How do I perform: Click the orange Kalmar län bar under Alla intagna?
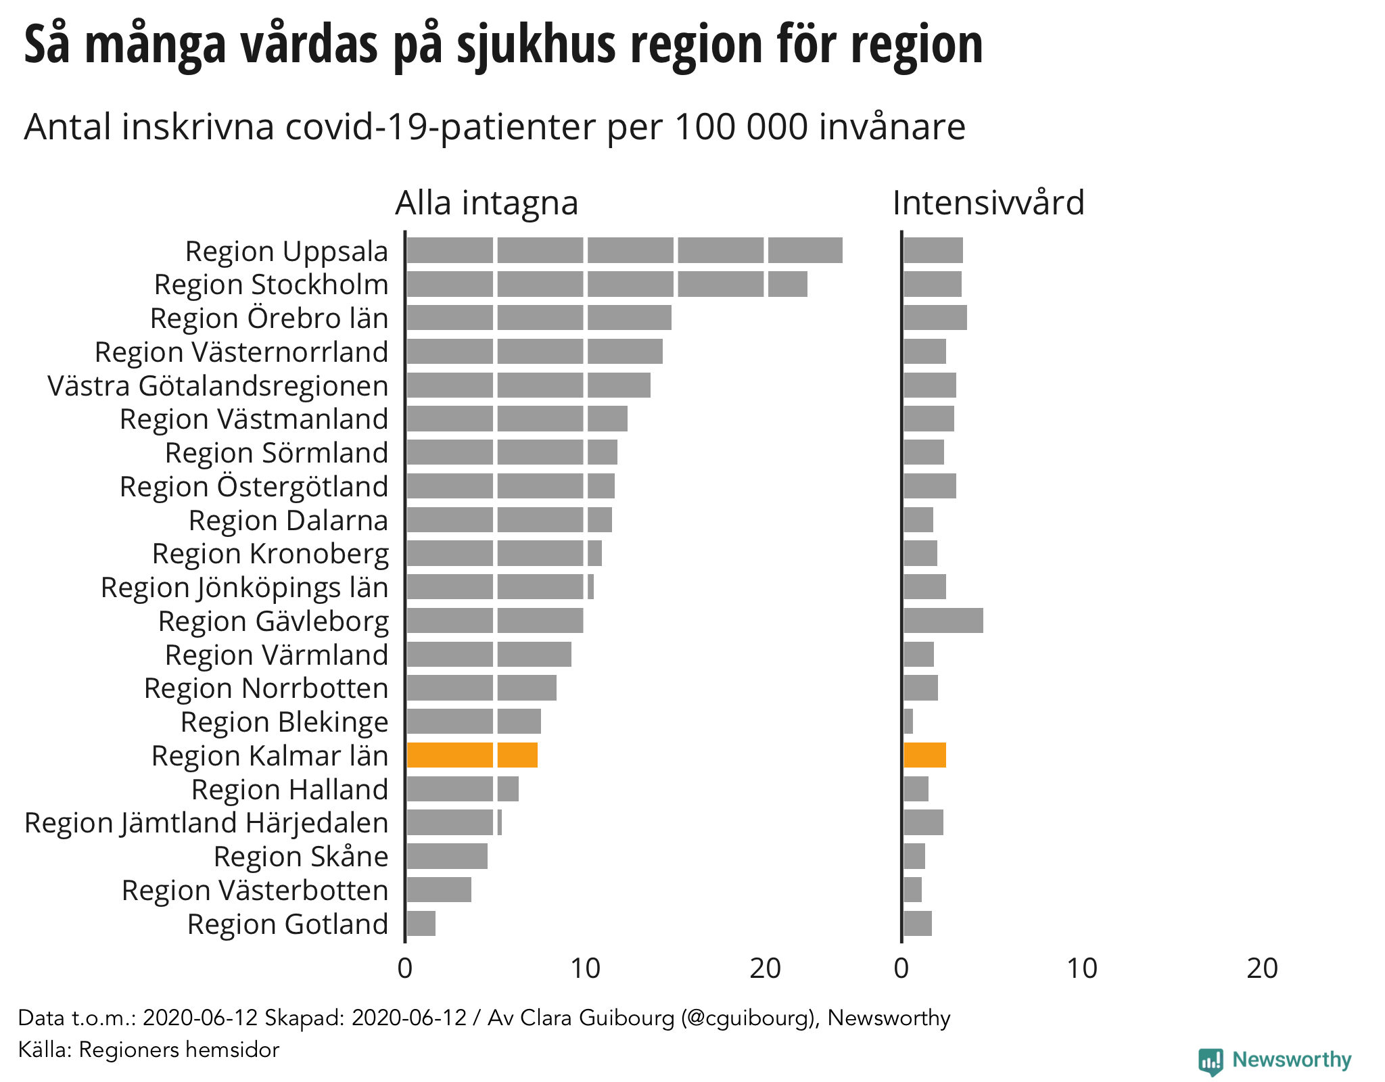[472, 755]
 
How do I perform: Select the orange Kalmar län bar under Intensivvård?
[924, 755]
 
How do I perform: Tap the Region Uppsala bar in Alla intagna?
[624, 250]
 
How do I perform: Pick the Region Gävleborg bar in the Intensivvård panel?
[943, 620]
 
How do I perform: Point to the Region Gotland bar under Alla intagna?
[421, 923]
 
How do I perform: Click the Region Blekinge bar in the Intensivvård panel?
[908, 721]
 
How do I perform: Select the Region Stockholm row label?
[271, 284]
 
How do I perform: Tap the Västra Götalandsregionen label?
[218, 385]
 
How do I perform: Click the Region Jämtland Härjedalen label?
[206, 822]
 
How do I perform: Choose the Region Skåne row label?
[301, 856]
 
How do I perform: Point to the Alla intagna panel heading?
[486, 202]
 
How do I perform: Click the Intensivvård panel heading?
[988, 202]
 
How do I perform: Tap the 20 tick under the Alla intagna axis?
[765, 968]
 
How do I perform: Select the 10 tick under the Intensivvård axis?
[1081, 968]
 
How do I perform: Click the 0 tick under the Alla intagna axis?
[404, 968]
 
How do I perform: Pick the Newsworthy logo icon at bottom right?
[1210, 1061]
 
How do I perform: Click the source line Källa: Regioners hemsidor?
[148, 1050]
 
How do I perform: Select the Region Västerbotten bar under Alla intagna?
[439, 889]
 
